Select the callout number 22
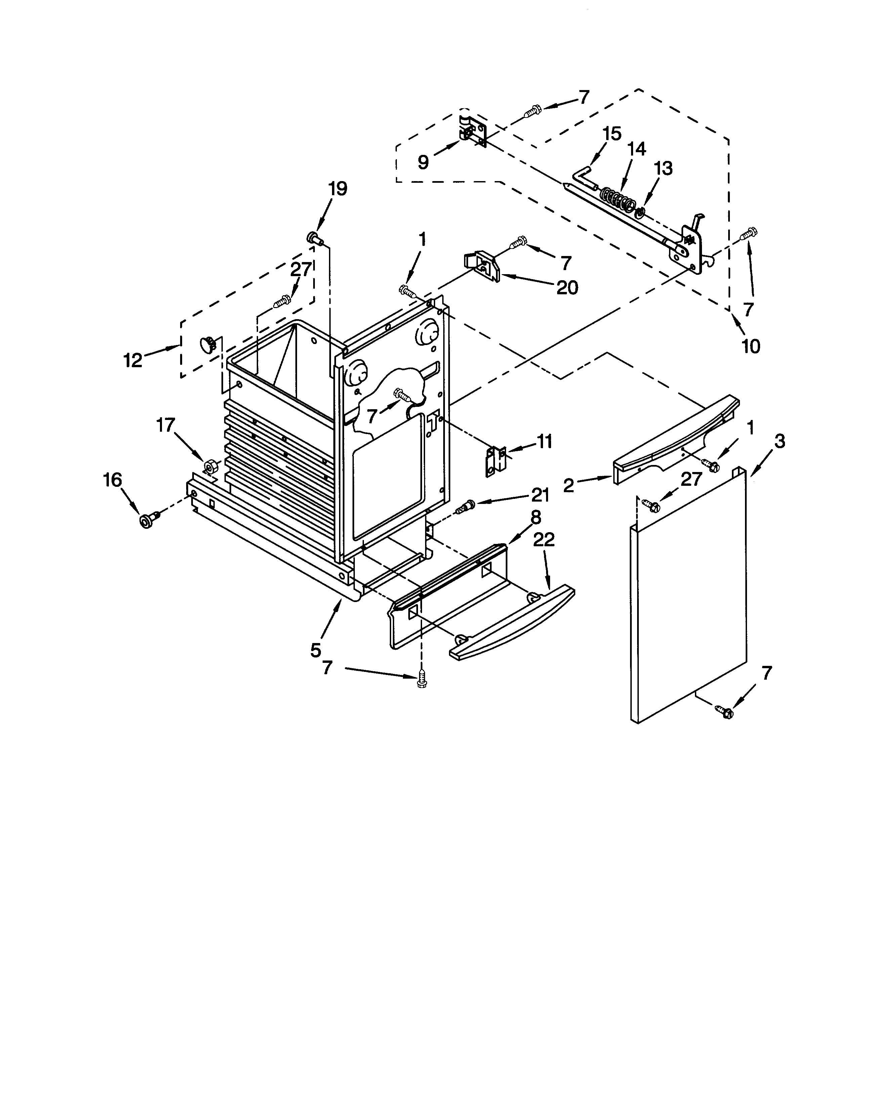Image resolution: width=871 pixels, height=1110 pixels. (x=544, y=540)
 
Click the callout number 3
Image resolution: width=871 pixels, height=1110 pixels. (x=779, y=441)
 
